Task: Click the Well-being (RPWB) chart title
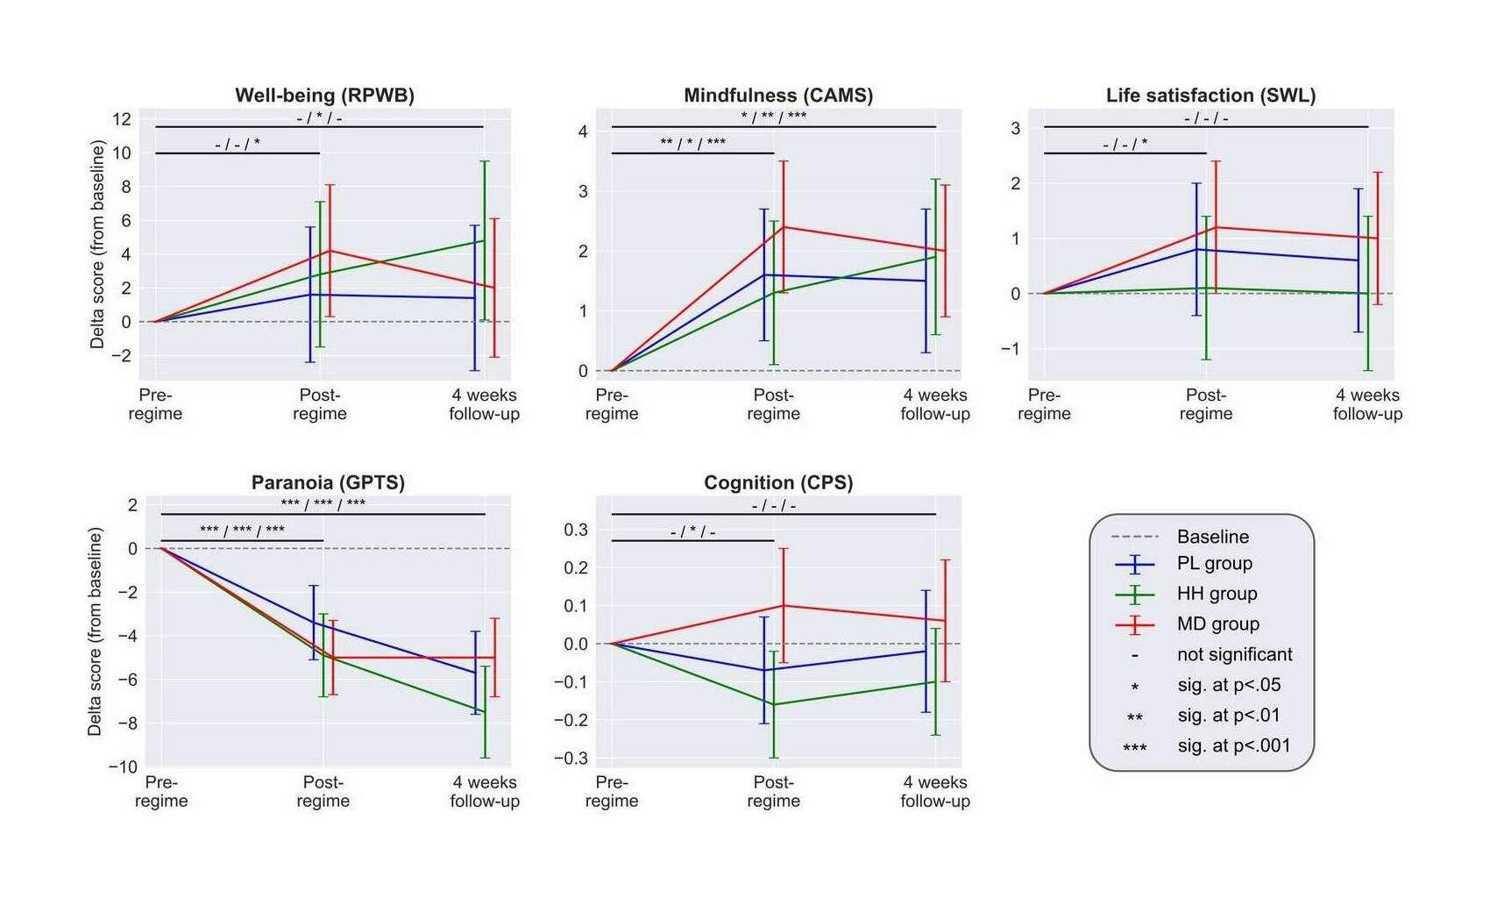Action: point(324,95)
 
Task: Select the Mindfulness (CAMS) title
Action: point(778,95)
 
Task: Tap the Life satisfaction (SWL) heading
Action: point(1210,95)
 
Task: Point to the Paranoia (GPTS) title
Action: point(328,482)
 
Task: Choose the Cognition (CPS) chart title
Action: point(778,482)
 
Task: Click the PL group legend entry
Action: point(1214,563)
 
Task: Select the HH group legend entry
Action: point(1217,594)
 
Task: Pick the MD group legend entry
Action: point(1217,624)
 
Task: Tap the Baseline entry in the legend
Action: point(1212,536)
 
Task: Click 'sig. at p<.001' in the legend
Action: point(1233,746)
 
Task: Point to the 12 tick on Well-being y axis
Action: point(122,118)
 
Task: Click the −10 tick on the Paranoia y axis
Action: point(123,766)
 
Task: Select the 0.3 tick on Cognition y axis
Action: point(576,529)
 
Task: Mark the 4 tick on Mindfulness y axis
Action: point(583,132)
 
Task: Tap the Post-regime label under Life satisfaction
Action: point(1206,404)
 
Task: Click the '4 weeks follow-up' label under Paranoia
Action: point(485,791)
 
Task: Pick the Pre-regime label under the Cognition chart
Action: point(612,791)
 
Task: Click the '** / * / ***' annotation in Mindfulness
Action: point(692,142)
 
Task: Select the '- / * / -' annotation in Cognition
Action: point(692,531)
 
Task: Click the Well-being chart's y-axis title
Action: point(97,245)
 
